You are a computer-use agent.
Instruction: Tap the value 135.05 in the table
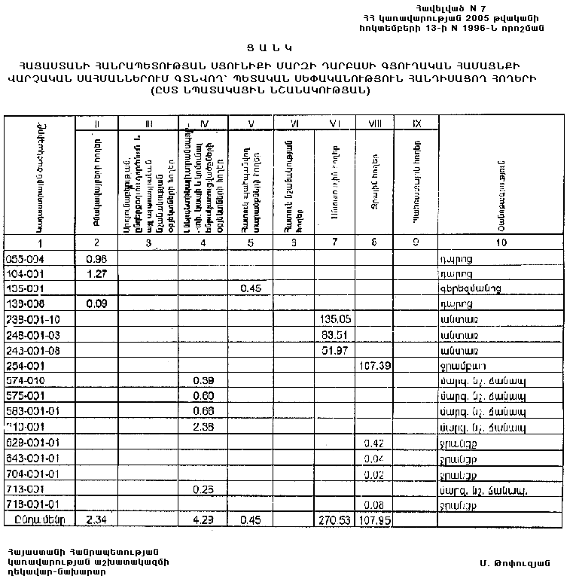pyautogui.click(x=332, y=319)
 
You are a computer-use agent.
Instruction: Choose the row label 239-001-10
pyautogui.click(x=33, y=319)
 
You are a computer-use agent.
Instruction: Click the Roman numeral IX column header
pyautogui.click(x=415, y=123)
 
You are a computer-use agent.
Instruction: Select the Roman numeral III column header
pyautogui.click(x=149, y=123)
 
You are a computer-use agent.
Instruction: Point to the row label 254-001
pyautogui.click(x=26, y=365)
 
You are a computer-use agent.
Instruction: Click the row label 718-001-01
pyautogui.click(x=33, y=504)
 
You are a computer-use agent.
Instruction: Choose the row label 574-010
pyautogui.click(x=26, y=381)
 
